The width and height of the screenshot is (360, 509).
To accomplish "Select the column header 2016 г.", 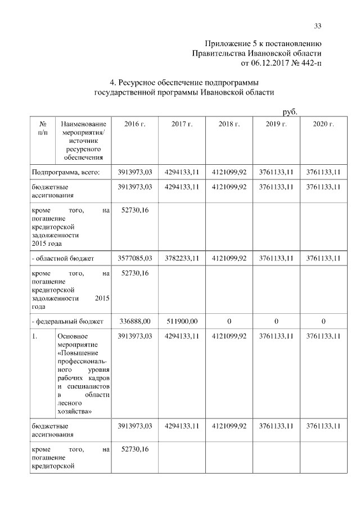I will click(x=135, y=124).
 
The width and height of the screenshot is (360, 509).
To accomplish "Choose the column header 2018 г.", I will click(x=229, y=124).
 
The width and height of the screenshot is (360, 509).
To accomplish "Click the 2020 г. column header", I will click(x=323, y=124).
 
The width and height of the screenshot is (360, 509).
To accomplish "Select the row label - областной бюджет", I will click(x=62, y=258).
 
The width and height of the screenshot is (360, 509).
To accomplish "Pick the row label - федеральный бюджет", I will click(x=67, y=321).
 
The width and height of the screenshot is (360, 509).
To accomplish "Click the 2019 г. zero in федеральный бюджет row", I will click(x=276, y=321).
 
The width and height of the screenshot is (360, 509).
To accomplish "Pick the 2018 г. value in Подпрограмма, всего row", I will click(x=229, y=172).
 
